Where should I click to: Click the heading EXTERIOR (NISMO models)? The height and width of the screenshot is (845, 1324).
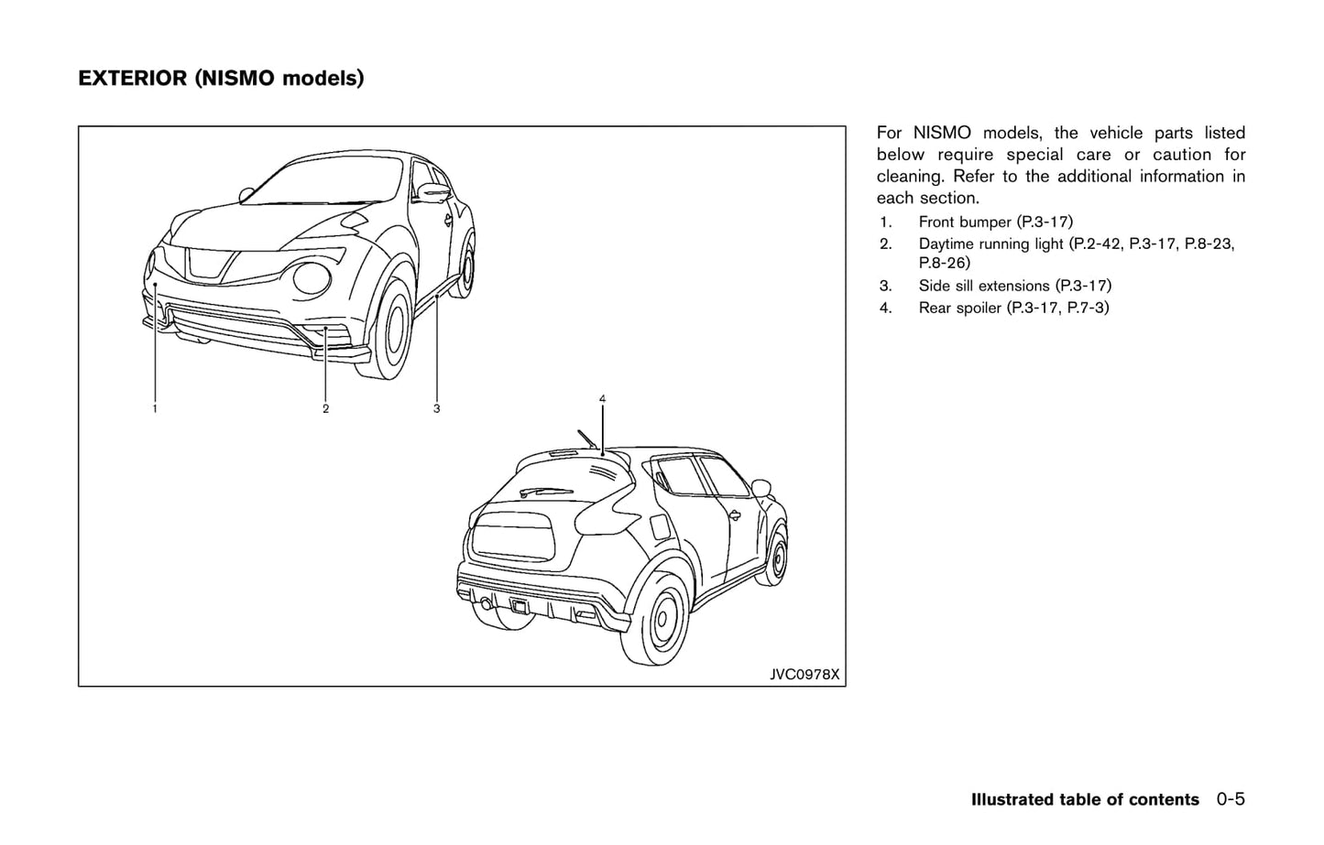click(221, 79)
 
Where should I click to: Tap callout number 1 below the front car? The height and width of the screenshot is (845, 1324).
click(155, 408)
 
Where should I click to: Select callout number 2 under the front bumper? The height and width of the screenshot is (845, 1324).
click(325, 408)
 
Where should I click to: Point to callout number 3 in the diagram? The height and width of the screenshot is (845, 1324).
click(436, 408)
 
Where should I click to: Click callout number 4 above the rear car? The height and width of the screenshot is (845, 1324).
click(602, 398)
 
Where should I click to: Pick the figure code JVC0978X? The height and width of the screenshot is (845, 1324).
click(804, 675)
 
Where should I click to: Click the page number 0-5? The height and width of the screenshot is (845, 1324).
click(1231, 799)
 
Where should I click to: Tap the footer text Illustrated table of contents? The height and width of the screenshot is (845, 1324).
click(1085, 799)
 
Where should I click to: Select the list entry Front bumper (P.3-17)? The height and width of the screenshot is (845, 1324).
click(995, 222)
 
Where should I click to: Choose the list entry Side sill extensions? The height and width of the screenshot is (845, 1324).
click(984, 286)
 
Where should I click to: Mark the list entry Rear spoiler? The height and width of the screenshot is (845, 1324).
click(960, 308)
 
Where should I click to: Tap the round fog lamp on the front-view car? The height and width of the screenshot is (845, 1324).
click(309, 279)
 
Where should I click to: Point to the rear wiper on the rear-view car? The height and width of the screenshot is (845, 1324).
click(545, 491)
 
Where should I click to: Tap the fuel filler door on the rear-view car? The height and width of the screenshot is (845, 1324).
click(659, 527)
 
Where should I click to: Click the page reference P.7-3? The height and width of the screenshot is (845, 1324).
click(1088, 308)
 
